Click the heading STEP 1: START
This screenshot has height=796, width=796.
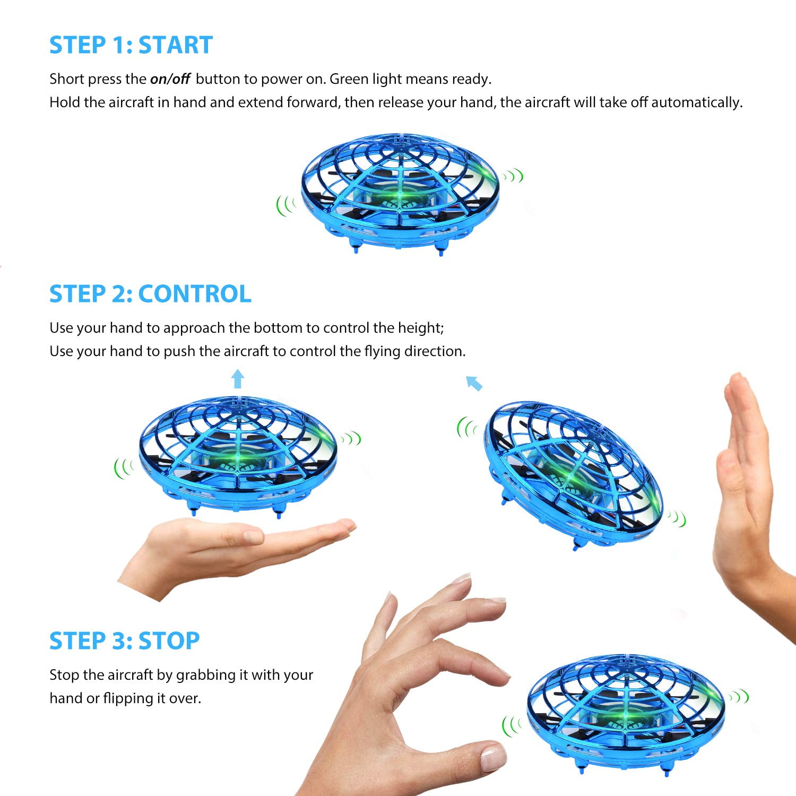tap(131, 45)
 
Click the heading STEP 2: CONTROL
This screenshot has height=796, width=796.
tap(150, 294)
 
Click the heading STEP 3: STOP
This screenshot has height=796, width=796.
tap(124, 641)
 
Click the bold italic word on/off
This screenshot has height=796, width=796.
tap(170, 79)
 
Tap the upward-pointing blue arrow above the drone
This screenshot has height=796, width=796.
tap(238, 379)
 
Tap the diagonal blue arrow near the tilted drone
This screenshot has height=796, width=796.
tap(473, 383)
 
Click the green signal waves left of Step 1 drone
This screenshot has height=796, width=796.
tap(285, 205)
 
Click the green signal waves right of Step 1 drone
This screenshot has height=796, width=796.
tap(514, 176)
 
